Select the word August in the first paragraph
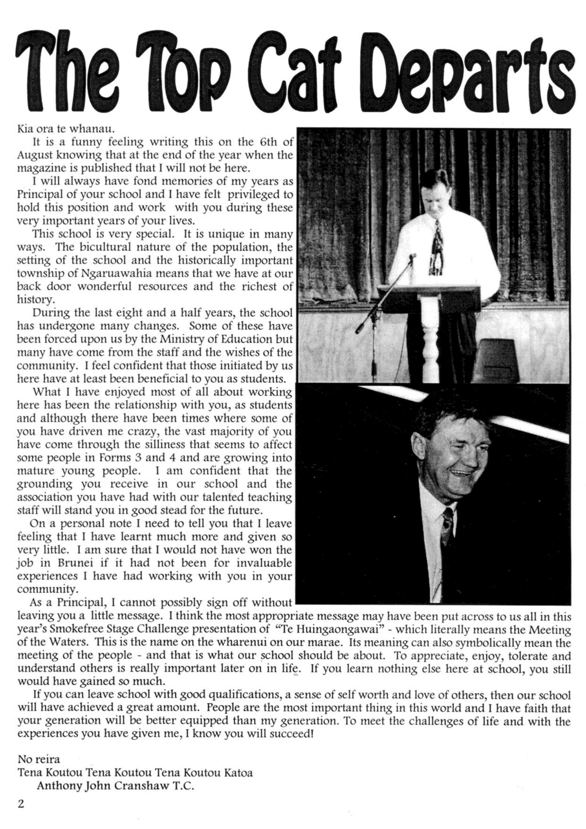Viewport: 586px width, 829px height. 35,155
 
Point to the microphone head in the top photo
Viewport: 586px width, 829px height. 413,256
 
